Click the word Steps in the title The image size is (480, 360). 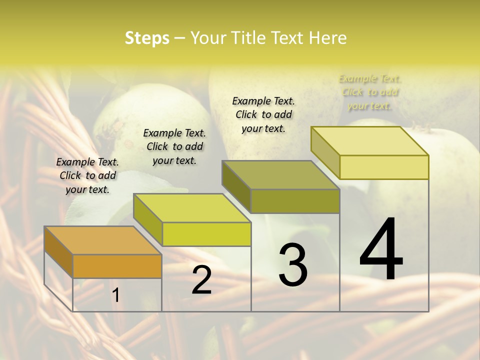147,38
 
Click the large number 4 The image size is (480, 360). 381,250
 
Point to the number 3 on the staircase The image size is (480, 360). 293,264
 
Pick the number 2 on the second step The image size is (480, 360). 201,280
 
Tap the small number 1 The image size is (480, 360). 116,295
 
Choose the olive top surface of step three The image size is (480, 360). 280,175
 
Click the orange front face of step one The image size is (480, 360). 117,266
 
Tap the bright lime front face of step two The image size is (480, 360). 206,234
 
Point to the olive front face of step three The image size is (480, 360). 295,201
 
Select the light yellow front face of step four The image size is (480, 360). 384,167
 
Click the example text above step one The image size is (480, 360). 87,175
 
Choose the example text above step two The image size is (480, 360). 174,146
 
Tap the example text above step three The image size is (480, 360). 263,114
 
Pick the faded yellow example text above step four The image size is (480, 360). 370,92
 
